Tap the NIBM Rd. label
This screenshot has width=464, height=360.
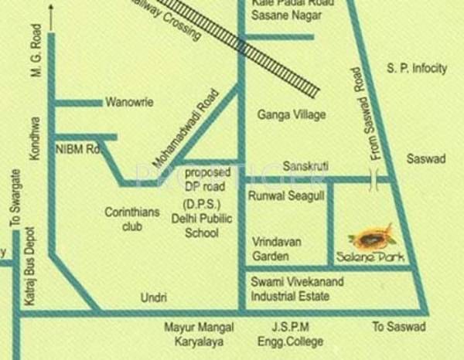(77, 147)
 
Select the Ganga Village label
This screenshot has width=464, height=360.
(291, 114)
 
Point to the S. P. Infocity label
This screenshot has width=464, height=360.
(417, 69)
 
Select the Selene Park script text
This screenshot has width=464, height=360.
(370, 256)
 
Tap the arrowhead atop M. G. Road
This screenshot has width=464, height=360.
(51, 9)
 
